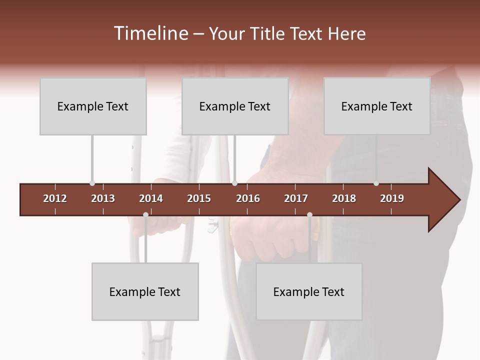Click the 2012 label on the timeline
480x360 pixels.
[55, 198]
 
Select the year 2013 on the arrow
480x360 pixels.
[103, 198]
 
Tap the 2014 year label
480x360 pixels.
[151, 198]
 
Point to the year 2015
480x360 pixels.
[199, 198]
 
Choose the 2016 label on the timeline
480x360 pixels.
[248, 198]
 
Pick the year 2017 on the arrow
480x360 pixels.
[296, 198]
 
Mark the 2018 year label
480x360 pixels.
[344, 198]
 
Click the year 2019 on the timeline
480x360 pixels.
[392, 198]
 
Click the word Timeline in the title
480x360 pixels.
[150, 33]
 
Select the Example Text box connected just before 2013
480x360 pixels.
[93, 106]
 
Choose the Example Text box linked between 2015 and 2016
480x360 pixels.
[235, 106]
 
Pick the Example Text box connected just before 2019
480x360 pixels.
[377, 106]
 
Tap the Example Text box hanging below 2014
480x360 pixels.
[145, 292]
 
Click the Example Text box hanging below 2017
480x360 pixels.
[309, 292]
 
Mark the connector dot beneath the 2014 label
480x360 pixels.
[145, 215]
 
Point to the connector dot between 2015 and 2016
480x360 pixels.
[235, 183]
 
